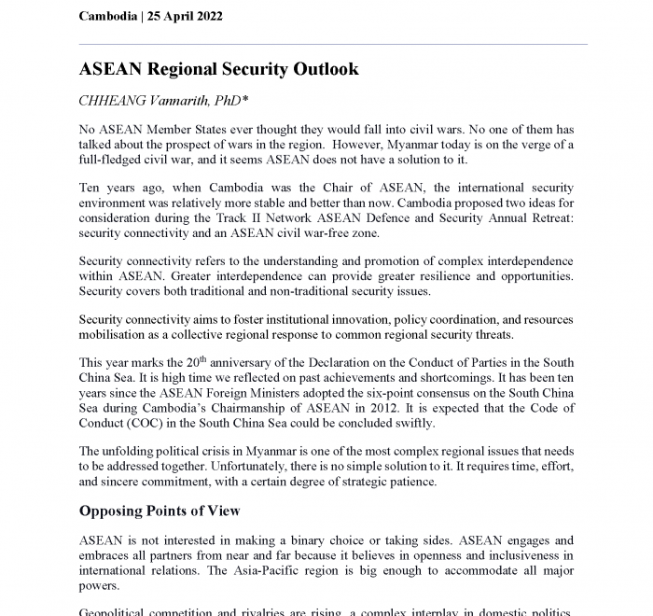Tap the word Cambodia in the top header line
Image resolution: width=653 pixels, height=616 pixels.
tap(108, 17)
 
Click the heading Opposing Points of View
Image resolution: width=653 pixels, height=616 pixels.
tap(160, 511)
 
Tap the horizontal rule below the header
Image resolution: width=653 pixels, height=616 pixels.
tap(333, 44)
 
